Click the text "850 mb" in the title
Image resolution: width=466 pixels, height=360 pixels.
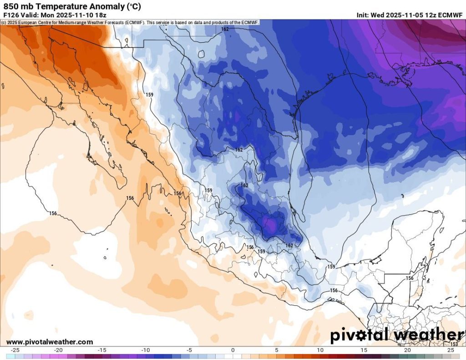(18, 6)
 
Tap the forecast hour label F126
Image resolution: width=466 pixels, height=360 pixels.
(11, 15)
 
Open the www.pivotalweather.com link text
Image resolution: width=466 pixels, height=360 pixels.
(50, 342)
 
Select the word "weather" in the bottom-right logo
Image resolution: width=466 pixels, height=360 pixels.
(428, 335)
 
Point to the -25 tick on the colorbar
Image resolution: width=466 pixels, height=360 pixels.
(15, 350)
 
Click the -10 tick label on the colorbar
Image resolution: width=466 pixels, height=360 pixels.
(145, 350)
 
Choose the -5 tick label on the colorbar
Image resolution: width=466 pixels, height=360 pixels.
(189, 350)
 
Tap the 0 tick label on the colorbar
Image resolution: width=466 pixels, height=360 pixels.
(233, 350)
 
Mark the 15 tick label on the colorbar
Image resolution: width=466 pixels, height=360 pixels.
(364, 350)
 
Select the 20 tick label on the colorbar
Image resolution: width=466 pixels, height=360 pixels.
(408, 350)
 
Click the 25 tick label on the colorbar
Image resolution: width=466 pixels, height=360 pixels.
(451, 350)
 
